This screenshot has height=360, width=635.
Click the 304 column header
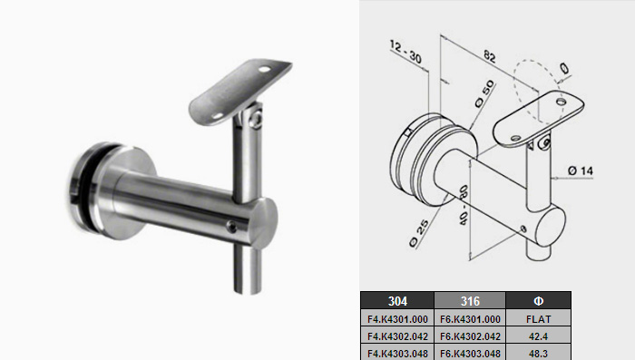(397, 301)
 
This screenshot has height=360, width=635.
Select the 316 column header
(470, 301)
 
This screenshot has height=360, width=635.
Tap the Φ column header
(538, 301)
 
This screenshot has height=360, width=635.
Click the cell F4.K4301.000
(397, 319)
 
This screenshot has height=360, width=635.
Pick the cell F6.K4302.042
(470, 336)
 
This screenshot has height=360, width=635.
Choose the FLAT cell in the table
(538, 319)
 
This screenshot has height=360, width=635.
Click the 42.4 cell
(538, 336)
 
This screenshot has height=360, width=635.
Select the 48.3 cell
(538, 354)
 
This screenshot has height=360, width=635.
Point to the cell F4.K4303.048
(397, 354)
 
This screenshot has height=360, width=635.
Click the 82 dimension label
(490, 56)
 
